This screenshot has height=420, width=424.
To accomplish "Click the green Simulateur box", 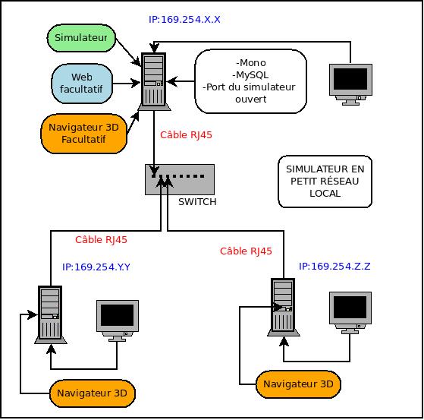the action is point(81,38).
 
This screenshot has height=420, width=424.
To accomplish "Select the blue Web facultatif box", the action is point(82,84).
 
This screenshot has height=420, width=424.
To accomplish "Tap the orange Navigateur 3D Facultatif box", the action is point(84,134).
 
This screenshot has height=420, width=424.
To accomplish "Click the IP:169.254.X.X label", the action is point(184,20).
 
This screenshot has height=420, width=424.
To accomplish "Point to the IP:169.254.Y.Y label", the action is point(96,267).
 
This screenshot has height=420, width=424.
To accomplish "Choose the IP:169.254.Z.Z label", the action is point(334,266).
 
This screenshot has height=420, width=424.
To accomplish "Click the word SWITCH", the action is point(197,202).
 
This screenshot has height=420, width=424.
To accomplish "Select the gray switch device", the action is point(180,179).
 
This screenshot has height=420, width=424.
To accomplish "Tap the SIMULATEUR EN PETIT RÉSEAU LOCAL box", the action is point(325,182).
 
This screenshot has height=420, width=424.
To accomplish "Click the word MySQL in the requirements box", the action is point(250,74).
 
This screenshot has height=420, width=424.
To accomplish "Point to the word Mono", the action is point(251,63).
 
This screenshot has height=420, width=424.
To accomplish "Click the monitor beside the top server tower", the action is point(350,84).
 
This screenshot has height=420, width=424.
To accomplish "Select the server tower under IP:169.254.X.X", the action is point(154,81).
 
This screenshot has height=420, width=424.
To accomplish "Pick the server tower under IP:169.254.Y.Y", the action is point(50,314).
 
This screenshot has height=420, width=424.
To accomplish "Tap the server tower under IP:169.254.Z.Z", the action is point(283,307).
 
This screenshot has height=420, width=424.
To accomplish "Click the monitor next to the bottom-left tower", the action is point(118,321).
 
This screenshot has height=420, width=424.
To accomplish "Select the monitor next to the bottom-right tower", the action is point(350,313).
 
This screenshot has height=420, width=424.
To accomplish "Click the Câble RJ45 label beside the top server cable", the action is point(186,135).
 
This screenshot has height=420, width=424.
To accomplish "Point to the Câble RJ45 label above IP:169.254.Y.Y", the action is point(101,240).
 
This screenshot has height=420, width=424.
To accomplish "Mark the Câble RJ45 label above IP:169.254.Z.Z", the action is point(246,251).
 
